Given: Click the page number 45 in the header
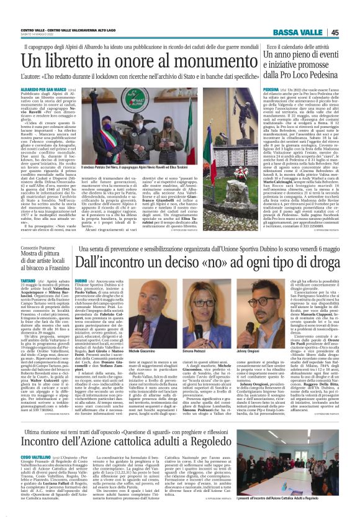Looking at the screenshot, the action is click(x=351, y=32).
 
